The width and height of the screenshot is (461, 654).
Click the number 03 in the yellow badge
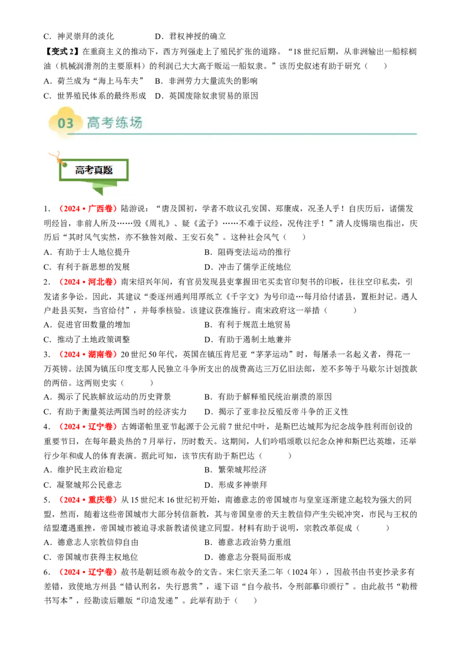coord(66,123)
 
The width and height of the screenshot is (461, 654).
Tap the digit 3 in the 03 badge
coord(70,123)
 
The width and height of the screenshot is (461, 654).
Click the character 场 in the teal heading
coord(135,122)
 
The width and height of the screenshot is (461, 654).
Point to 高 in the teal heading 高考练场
coord(93,122)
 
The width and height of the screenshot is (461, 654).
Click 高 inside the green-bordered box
coord(80,170)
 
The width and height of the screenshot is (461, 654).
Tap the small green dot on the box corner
coord(65,165)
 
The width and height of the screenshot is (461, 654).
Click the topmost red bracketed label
coord(89,208)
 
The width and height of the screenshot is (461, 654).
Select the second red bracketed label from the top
coord(89,281)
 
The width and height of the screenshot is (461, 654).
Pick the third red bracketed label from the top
coord(89,354)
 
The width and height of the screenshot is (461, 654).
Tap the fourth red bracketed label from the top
coord(89,427)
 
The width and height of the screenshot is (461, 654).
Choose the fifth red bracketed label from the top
coord(89,499)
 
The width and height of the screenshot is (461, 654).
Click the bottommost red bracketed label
coord(89,572)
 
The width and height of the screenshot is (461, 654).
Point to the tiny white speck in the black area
coord(349,413)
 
